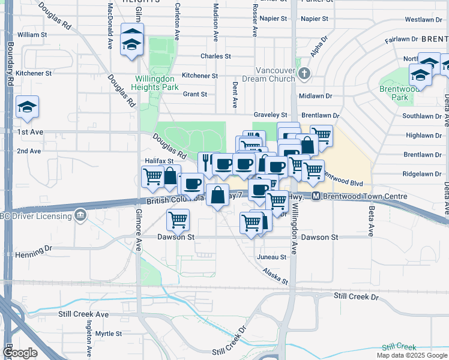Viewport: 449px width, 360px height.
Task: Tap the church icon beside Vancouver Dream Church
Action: (304, 74)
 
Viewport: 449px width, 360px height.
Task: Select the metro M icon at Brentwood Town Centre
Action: (315, 197)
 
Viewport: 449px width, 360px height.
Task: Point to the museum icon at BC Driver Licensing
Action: (80, 214)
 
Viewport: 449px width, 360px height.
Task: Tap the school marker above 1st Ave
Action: (27, 107)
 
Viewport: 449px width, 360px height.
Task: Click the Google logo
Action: (20, 352)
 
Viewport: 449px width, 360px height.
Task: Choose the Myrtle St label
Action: (109, 334)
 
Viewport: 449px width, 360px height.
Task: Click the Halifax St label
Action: (159, 161)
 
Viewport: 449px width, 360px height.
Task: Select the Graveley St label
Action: (271, 115)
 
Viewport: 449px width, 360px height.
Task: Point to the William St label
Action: (32, 35)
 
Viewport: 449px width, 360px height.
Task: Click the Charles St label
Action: (215, 56)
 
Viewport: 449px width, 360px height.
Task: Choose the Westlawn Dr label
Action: (419, 20)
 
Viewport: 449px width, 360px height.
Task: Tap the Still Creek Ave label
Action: (83, 314)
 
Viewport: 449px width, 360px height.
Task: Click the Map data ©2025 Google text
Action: (412, 355)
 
